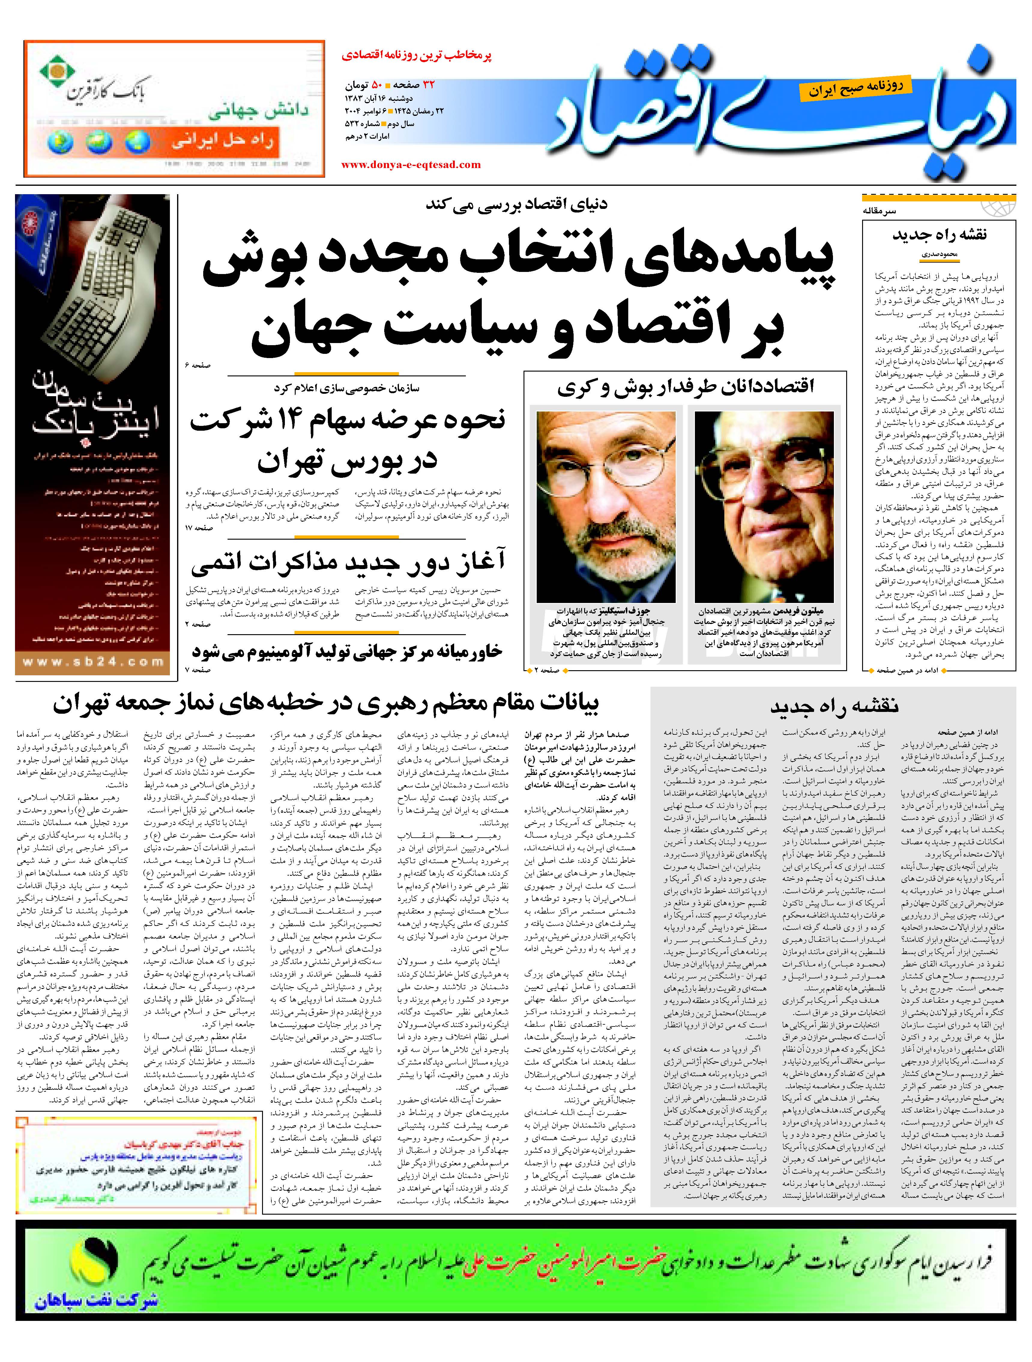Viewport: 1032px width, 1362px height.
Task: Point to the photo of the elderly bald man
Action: coord(764,506)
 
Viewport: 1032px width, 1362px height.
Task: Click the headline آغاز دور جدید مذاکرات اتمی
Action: coord(348,562)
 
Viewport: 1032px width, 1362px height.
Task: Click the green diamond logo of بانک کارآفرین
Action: coord(57,73)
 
